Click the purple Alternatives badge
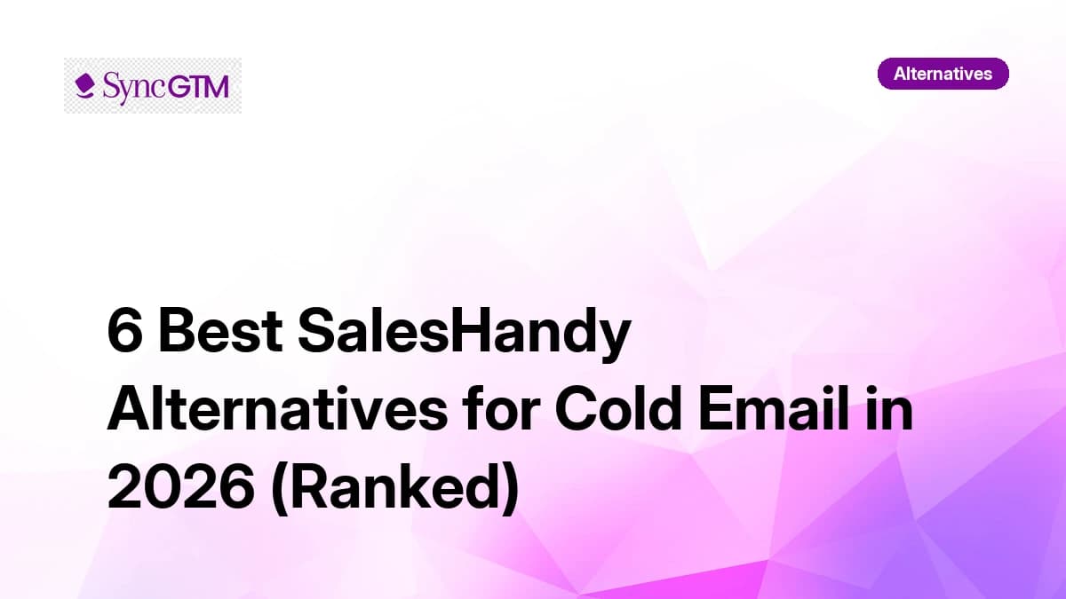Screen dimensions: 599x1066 pos(943,74)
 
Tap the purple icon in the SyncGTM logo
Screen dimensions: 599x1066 pos(84,85)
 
